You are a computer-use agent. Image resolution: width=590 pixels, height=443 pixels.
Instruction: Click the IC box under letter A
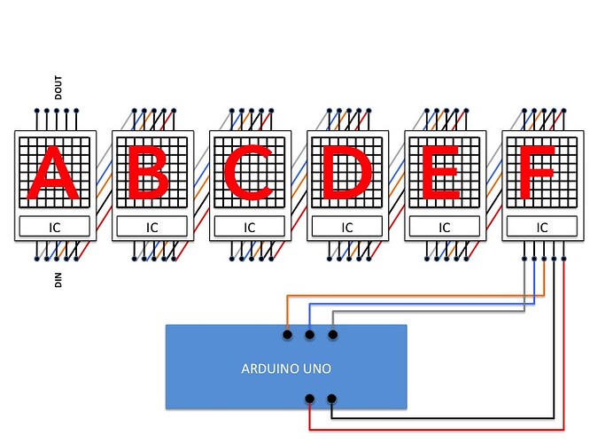54,227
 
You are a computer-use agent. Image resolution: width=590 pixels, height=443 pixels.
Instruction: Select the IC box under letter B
151,227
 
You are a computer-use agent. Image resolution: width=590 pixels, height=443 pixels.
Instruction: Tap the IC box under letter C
249,227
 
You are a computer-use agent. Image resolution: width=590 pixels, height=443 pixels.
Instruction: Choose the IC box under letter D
346,227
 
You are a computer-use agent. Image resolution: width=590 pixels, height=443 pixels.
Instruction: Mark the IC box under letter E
444,227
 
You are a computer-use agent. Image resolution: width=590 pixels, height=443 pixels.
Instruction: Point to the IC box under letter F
541,227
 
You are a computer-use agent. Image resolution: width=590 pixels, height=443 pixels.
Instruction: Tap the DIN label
58,281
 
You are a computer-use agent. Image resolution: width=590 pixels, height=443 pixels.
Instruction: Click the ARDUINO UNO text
286,368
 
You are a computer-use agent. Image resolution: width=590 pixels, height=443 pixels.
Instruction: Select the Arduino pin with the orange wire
287,335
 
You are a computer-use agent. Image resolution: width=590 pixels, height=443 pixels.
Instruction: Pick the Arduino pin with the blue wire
310,335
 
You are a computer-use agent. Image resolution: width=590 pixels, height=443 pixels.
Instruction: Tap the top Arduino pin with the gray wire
333,335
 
